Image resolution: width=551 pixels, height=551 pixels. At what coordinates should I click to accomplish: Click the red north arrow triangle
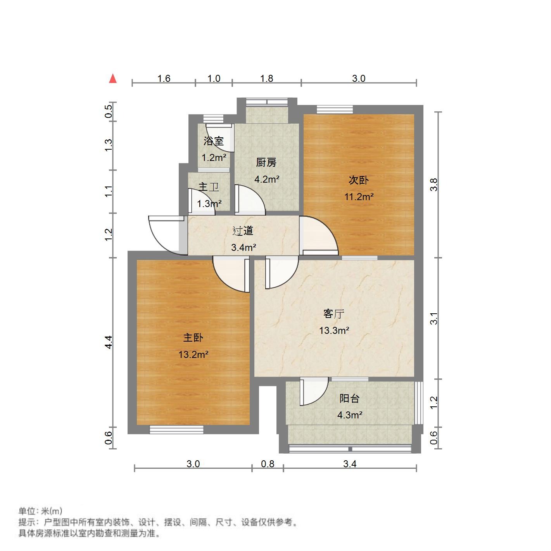tap(113, 79)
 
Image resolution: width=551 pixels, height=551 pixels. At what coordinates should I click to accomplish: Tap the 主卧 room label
tap(193, 338)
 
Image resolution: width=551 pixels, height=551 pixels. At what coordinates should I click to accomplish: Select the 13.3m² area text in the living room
tap(334, 331)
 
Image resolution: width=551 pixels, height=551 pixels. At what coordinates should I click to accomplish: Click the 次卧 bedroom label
tap(359, 180)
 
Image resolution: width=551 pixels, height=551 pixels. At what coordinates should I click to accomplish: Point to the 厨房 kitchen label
tap(266, 163)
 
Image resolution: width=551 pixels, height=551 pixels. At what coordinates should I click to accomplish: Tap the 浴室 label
tap(214, 141)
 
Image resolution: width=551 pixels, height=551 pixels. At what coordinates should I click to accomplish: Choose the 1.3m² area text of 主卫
tap(209, 204)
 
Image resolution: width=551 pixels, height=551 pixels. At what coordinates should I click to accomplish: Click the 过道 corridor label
tap(243, 231)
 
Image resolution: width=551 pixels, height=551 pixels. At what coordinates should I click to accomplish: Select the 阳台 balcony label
tap(349, 399)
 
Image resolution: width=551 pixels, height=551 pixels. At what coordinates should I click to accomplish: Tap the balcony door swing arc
tap(315, 392)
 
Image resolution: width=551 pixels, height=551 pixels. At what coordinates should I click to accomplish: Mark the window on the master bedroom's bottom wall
tap(176, 430)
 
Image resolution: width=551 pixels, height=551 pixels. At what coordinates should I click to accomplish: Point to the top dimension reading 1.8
tap(266, 79)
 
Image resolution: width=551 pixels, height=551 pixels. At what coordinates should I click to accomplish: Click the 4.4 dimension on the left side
tap(109, 342)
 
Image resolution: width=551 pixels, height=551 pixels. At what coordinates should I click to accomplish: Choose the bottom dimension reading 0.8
tap(268, 464)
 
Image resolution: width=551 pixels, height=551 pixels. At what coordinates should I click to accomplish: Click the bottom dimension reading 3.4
tap(350, 464)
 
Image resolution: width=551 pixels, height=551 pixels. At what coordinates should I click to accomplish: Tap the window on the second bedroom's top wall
tap(335, 109)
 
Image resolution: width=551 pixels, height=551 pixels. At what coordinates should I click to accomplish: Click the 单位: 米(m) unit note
tap(40, 511)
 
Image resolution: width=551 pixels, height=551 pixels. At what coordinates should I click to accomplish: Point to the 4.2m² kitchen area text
tap(267, 179)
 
